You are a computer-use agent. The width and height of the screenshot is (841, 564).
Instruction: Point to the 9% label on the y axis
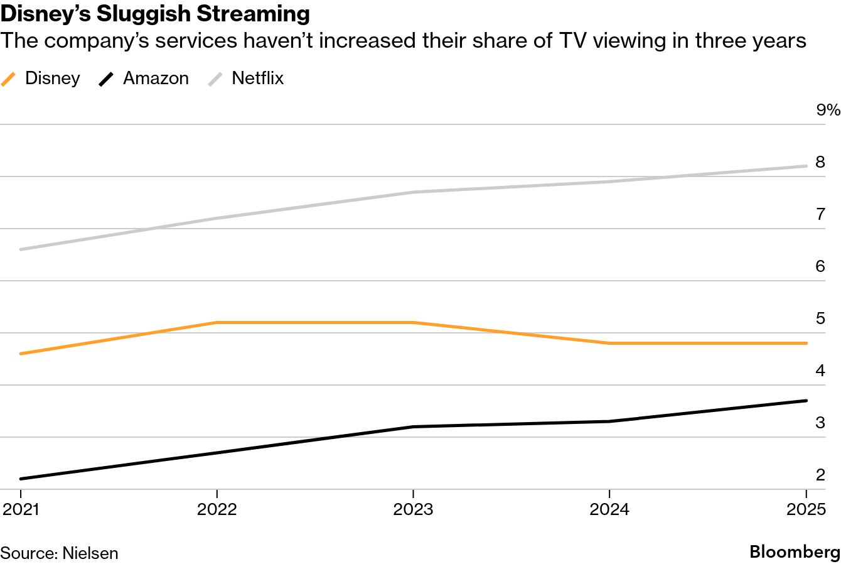pos(827,111)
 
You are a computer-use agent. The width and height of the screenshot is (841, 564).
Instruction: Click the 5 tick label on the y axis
pos(820,318)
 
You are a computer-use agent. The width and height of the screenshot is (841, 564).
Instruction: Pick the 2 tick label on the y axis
pos(820,475)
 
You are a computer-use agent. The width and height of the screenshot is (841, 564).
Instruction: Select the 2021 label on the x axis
pos(21,509)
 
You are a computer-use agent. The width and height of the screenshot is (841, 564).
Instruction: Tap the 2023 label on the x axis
pos(413,509)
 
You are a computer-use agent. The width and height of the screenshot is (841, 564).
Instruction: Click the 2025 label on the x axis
pos(806,509)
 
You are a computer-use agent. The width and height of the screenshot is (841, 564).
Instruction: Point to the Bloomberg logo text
pos(795,552)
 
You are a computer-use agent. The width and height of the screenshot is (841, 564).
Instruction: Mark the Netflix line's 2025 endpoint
pos(806,166)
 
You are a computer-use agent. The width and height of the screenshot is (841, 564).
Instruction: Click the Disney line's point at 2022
pos(217,322)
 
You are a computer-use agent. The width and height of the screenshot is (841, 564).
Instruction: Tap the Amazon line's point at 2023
pos(413,427)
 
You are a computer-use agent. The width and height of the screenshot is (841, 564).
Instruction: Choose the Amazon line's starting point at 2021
pos(21,479)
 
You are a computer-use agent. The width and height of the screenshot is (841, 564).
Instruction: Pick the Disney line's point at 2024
pos(609,344)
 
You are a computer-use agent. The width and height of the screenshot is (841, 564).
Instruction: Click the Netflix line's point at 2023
pos(413,192)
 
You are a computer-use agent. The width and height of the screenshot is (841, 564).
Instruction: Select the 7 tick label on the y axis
pos(820,214)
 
